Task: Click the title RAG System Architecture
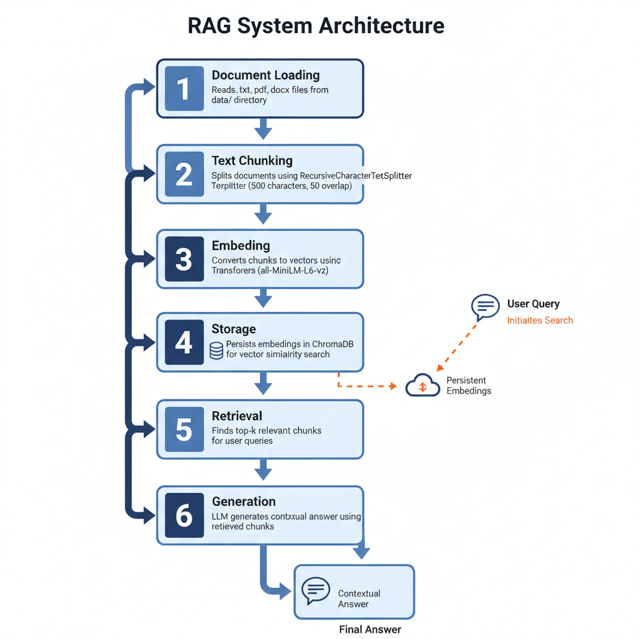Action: click(316, 26)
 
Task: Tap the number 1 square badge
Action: click(184, 89)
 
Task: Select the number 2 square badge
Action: click(184, 174)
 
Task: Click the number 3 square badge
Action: click(184, 259)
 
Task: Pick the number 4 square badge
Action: click(184, 343)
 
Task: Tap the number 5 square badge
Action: click(184, 429)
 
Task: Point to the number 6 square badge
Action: click(184, 515)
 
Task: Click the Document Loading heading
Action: click(266, 75)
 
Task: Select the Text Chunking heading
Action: click(252, 160)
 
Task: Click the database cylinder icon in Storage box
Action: click(216, 351)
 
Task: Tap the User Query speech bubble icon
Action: click(485, 306)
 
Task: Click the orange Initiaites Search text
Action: click(540, 320)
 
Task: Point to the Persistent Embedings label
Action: click(469, 386)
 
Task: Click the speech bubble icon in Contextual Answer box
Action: click(316, 590)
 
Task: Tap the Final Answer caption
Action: click(370, 629)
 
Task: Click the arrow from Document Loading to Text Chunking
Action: click(263, 130)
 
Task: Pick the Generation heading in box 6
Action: click(243, 501)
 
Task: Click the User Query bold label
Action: click(533, 304)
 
